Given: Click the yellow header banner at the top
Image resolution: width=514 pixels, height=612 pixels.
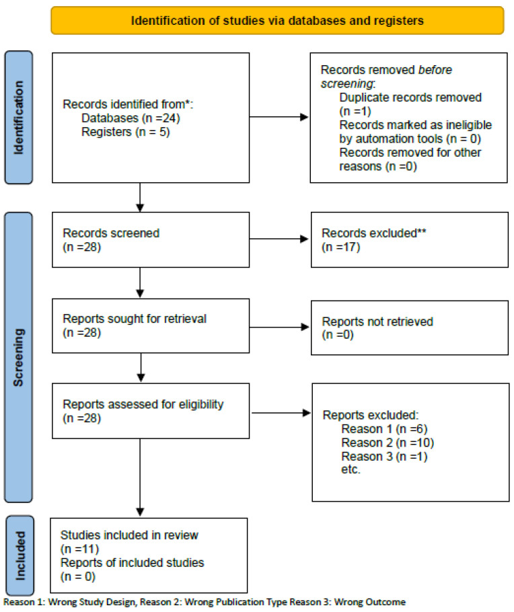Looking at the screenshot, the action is [x=277, y=20].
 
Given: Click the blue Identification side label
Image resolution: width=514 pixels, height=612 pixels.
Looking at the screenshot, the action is [x=18, y=117].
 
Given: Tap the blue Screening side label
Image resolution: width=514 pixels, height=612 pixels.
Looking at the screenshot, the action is [x=18, y=357].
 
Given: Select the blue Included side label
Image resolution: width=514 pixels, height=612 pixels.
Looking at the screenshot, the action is [x=20, y=556].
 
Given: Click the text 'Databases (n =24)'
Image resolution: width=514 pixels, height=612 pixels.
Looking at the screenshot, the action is [x=131, y=118].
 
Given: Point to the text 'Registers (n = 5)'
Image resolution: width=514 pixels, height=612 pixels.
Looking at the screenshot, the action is [x=125, y=132].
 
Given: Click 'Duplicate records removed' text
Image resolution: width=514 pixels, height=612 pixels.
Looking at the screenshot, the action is [x=410, y=98].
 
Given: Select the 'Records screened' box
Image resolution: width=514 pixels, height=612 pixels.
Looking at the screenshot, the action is [x=151, y=239].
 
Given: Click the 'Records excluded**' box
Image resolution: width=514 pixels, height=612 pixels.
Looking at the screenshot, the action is [x=410, y=239].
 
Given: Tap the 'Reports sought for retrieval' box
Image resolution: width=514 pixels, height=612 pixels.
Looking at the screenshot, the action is [x=151, y=326].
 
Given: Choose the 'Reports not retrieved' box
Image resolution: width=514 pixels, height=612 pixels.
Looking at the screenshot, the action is [x=410, y=328].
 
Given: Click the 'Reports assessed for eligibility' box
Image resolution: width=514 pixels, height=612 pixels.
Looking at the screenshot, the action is [x=151, y=411].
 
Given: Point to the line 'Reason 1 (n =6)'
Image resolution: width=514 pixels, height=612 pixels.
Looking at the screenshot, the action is [x=384, y=429].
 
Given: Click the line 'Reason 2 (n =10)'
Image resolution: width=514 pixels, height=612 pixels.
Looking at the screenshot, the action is [x=388, y=443].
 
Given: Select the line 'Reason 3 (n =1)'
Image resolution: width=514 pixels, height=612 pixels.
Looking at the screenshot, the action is [x=384, y=456].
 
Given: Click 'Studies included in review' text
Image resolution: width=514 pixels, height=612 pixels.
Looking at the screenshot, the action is [x=129, y=535].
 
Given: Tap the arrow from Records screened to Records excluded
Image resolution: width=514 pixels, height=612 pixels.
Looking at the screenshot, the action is [x=279, y=239].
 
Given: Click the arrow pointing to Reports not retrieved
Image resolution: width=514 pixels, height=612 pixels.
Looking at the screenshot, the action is [x=279, y=327].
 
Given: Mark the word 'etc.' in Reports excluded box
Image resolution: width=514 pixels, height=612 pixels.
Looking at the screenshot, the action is [x=351, y=469].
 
